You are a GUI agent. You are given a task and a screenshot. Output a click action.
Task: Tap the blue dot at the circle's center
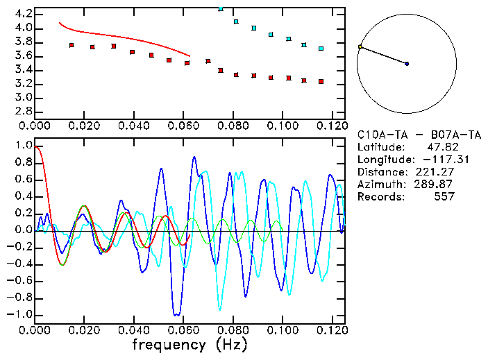pyautogui.click(x=407, y=64)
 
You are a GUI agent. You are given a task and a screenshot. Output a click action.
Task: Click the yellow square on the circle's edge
pyautogui.click(x=360, y=47)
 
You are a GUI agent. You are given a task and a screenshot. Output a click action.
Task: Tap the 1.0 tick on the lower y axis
pyautogui.click(x=23, y=146)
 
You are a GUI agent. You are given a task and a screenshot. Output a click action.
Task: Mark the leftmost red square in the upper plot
pyautogui.click(x=71, y=45)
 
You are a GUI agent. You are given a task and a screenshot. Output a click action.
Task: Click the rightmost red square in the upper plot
pyautogui.click(x=321, y=81)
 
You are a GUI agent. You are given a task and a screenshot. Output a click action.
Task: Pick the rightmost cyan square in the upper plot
pyautogui.click(x=321, y=49)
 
